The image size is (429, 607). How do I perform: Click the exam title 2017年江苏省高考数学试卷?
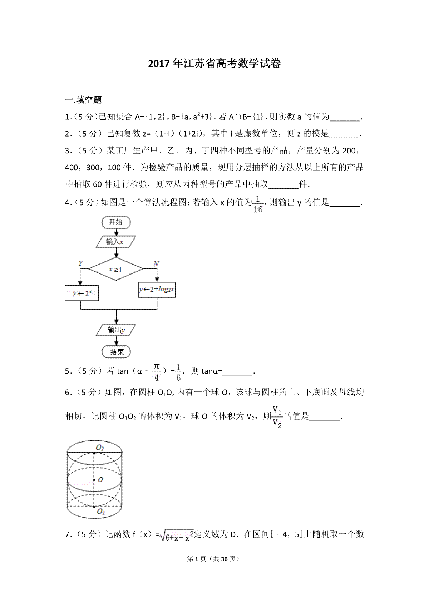[x=214, y=64]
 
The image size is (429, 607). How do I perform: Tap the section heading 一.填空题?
[x=83, y=100]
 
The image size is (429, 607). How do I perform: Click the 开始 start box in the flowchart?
[x=116, y=222]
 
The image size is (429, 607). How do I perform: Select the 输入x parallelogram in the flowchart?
[x=115, y=242]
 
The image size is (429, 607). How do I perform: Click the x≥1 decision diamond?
[x=115, y=269]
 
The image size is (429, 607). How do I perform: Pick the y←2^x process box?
[x=82, y=293]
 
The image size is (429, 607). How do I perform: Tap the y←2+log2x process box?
[x=157, y=290]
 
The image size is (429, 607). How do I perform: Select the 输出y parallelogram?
[x=116, y=330]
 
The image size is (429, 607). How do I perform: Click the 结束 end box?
[x=117, y=352]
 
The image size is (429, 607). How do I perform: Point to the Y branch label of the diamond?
[x=80, y=263]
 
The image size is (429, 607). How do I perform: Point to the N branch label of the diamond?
[x=156, y=264]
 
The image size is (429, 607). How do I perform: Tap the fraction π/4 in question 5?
[x=157, y=372]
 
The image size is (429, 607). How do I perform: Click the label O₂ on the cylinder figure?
[x=100, y=448]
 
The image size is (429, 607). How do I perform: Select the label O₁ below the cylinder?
[x=101, y=512]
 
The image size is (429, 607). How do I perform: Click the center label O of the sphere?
[x=100, y=480]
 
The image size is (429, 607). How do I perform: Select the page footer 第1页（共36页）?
[x=213, y=559]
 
